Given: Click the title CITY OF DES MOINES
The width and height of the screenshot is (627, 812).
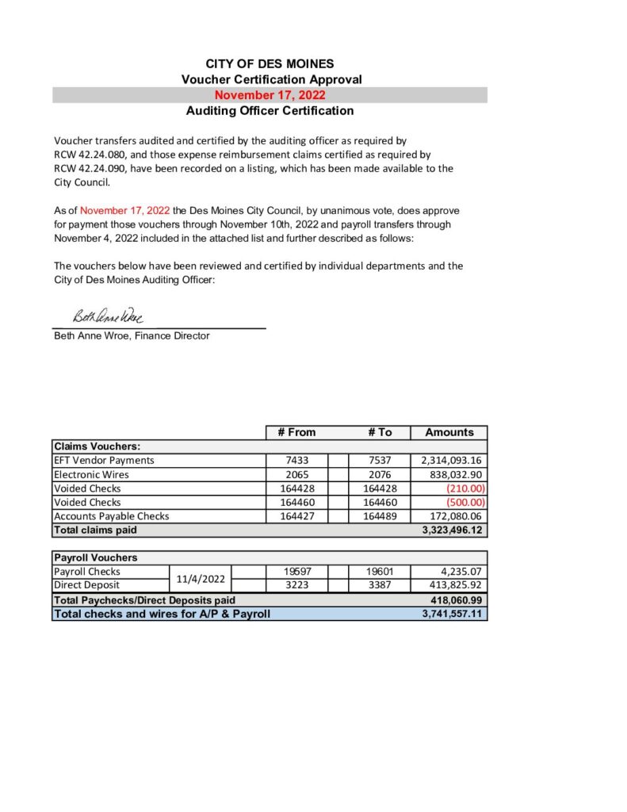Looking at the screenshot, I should click(270, 63).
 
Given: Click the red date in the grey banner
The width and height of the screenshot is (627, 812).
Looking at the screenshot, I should click(270, 95).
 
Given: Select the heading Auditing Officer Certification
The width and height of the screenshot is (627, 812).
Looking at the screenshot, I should click(270, 111).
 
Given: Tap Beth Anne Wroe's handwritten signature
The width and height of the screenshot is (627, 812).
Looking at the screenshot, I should click(108, 317).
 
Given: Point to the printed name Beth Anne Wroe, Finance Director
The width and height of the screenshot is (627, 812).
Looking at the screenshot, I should click(132, 336).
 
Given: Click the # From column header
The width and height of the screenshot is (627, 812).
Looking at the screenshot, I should click(296, 432).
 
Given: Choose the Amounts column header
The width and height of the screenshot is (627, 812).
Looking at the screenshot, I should click(449, 432).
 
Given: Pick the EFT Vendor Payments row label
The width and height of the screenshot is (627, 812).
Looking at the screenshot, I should click(104, 461).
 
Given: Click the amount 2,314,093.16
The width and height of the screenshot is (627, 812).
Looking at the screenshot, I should click(449, 461).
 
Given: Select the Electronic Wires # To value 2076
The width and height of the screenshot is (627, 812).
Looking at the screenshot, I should click(380, 474).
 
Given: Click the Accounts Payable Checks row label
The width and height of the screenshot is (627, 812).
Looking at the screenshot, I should click(111, 516).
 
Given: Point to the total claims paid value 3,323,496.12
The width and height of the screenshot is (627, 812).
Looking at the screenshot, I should click(453, 530).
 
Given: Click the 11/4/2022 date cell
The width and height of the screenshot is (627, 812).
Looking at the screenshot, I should click(198, 579).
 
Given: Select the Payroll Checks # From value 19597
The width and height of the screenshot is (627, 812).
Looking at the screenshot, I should click(296, 572).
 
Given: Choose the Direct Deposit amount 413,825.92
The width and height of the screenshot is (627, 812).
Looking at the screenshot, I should click(453, 585).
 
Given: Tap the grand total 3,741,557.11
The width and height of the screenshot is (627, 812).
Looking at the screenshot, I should click(453, 614).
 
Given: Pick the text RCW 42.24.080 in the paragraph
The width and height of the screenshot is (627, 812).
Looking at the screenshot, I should click(88, 154).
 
